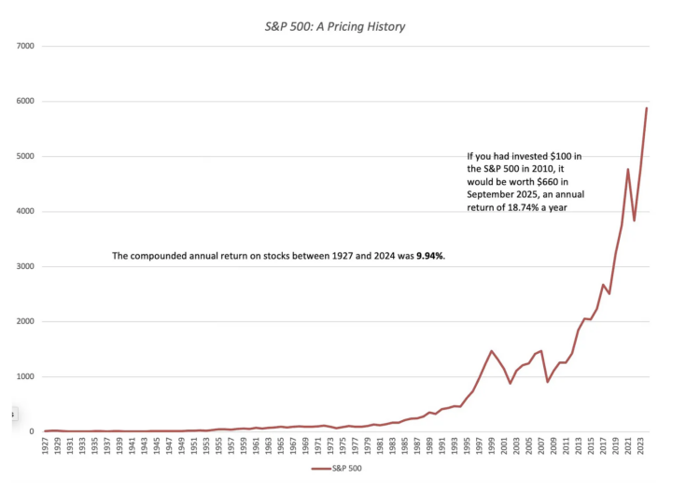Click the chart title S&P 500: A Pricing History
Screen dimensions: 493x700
(335, 27)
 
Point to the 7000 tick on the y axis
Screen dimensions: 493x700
(24, 46)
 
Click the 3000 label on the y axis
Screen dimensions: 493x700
(24, 267)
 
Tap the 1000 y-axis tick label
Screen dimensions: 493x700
(24, 377)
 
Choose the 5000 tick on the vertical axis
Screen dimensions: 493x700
(24, 157)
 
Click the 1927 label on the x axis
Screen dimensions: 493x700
(46, 445)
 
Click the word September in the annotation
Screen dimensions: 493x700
(495, 195)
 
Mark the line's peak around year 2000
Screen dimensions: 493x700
(491, 351)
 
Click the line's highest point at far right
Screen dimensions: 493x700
(647, 108)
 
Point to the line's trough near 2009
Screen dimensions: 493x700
(547, 382)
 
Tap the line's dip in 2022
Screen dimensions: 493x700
(635, 220)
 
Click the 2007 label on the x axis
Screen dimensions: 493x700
(541, 445)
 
